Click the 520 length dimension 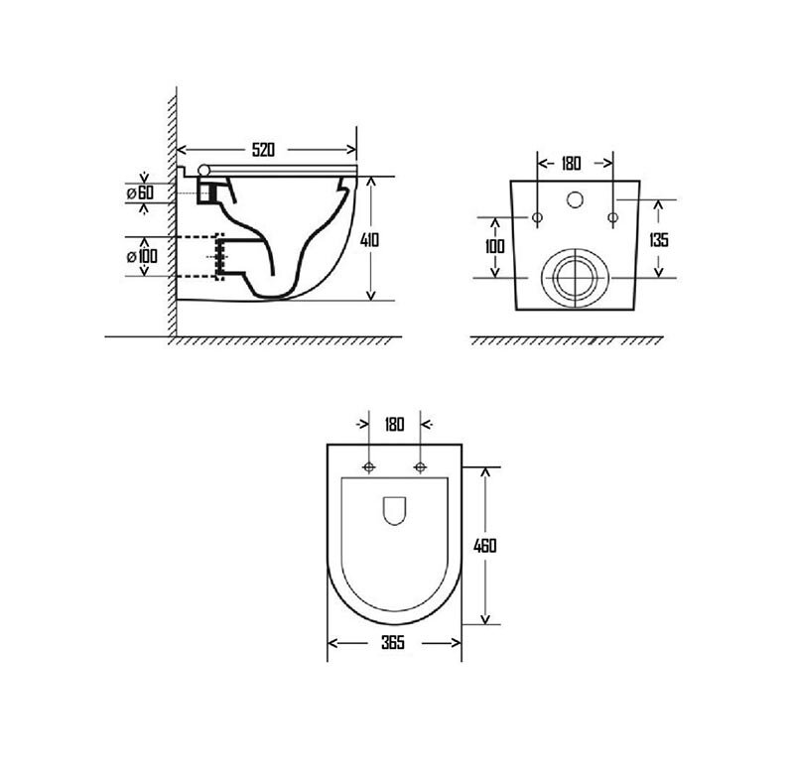pyautogui.click(x=263, y=150)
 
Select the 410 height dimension pyautogui.click(x=369, y=239)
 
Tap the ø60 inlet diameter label pyautogui.click(x=140, y=193)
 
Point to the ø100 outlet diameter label pyautogui.click(x=142, y=256)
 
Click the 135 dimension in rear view pyautogui.click(x=659, y=239)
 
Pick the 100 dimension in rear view pyautogui.click(x=494, y=246)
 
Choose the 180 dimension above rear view pyautogui.click(x=571, y=164)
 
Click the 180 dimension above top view pyautogui.click(x=394, y=424)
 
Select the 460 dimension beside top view pyautogui.click(x=484, y=546)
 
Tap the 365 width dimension pyautogui.click(x=393, y=643)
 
